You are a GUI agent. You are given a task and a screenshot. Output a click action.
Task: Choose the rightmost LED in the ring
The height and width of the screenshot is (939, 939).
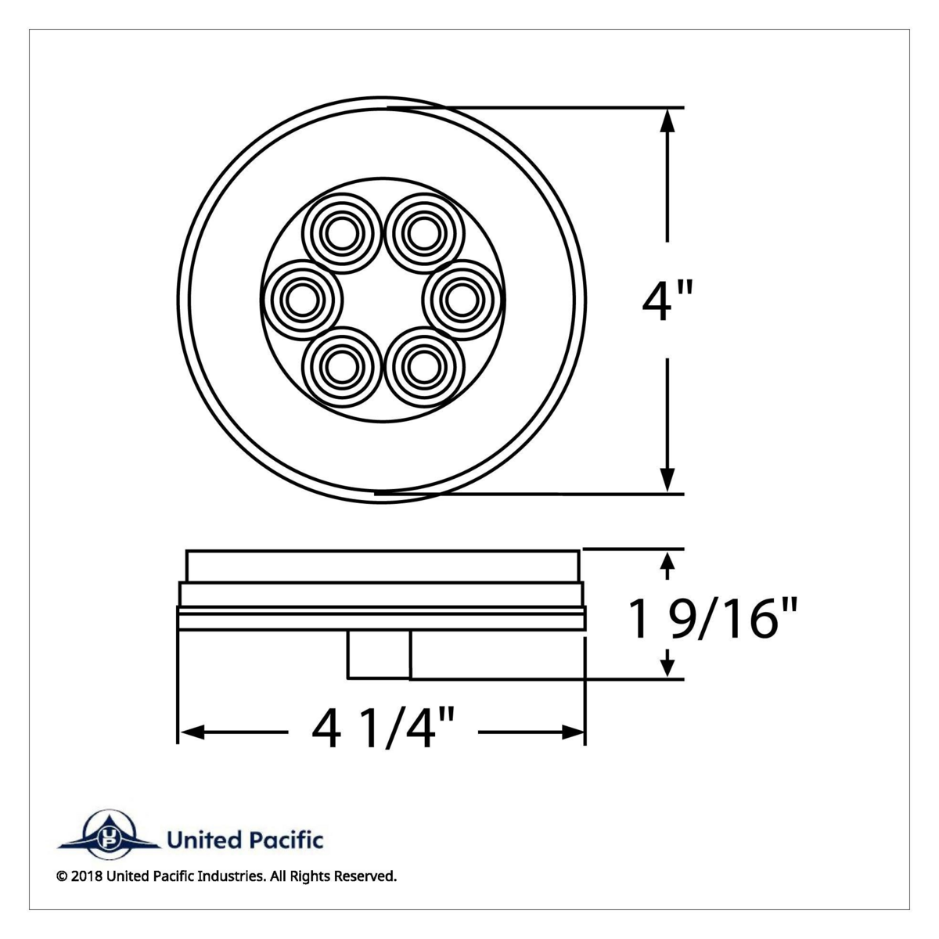coord(460,298)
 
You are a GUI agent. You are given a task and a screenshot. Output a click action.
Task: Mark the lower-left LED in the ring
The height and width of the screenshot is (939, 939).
coord(340,364)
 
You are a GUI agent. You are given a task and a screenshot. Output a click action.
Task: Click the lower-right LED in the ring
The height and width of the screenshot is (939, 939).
coord(423,364)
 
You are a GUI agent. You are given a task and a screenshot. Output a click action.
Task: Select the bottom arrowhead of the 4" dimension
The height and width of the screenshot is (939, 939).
coord(667,479)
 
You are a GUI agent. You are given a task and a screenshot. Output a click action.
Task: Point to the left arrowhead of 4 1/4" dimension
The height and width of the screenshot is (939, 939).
coord(192,732)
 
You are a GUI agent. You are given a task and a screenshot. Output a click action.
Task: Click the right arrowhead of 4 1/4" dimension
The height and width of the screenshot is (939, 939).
coord(572,732)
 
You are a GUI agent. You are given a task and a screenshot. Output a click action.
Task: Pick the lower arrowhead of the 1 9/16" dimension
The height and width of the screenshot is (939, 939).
coord(667,665)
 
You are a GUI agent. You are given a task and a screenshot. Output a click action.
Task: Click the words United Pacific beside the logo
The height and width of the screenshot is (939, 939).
coord(245,841)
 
